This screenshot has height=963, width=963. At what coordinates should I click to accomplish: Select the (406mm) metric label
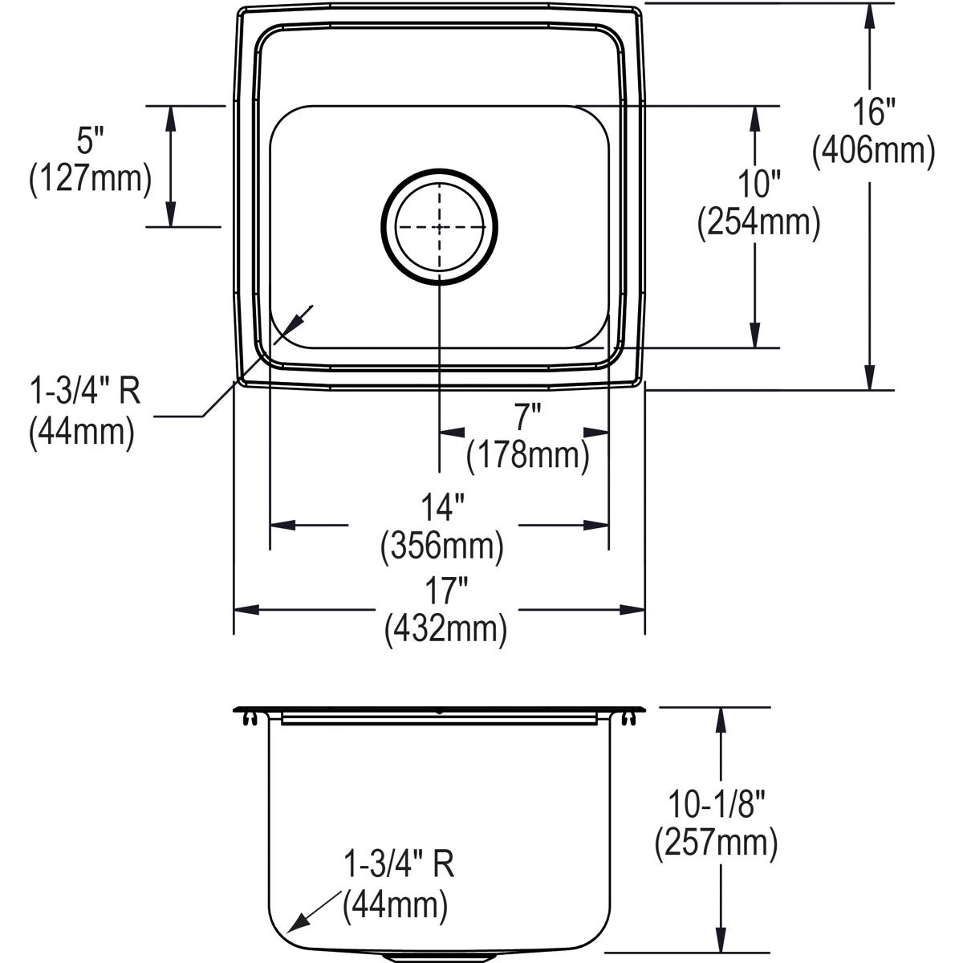(x=873, y=150)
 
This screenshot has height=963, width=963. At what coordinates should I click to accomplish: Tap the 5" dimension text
(x=91, y=142)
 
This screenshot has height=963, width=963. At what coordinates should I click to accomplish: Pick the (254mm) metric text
(x=758, y=222)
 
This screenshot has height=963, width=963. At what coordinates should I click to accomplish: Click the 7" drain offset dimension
(x=527, y=418)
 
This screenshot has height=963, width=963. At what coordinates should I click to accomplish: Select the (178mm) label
(x=528, y=455)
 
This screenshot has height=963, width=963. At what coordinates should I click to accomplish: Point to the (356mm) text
(x=442, y=546)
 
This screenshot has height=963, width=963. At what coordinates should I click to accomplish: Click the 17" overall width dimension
(x=445, y=592)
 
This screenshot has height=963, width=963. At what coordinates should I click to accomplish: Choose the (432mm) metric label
(x=445, y=629)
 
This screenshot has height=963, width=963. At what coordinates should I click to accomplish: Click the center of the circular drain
(x=439, y=227)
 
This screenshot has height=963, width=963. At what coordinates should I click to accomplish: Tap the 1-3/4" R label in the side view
(x=399, y=866)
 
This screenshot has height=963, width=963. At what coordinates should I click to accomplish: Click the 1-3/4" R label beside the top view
(x=84, y=393)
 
